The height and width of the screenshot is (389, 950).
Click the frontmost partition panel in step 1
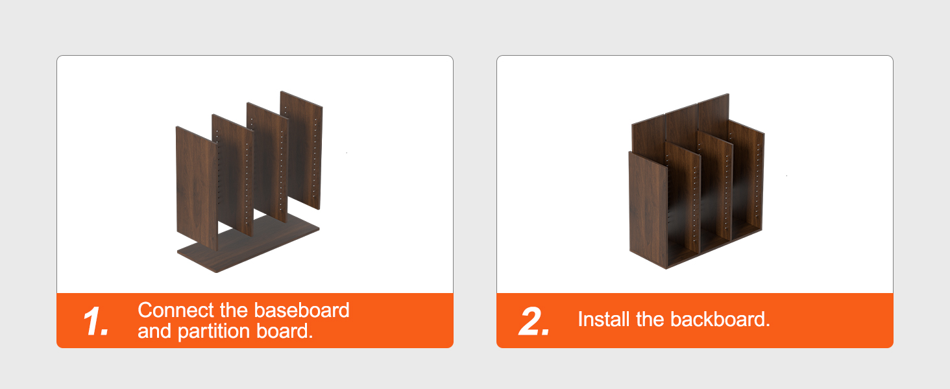196,188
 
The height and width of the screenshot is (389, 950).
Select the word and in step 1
154,331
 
